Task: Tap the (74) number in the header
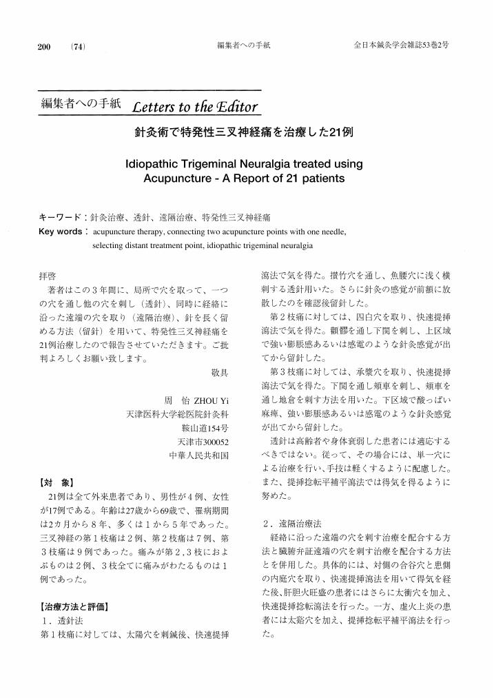click(x=77, y=46)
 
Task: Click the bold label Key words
click(x=61, y=232)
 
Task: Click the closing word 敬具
click(x=220, y=372)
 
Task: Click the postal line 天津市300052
click(x=203, y=442)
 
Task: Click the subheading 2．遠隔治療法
click(x=292, y=524)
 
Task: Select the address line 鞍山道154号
click(x=205, y=428)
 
